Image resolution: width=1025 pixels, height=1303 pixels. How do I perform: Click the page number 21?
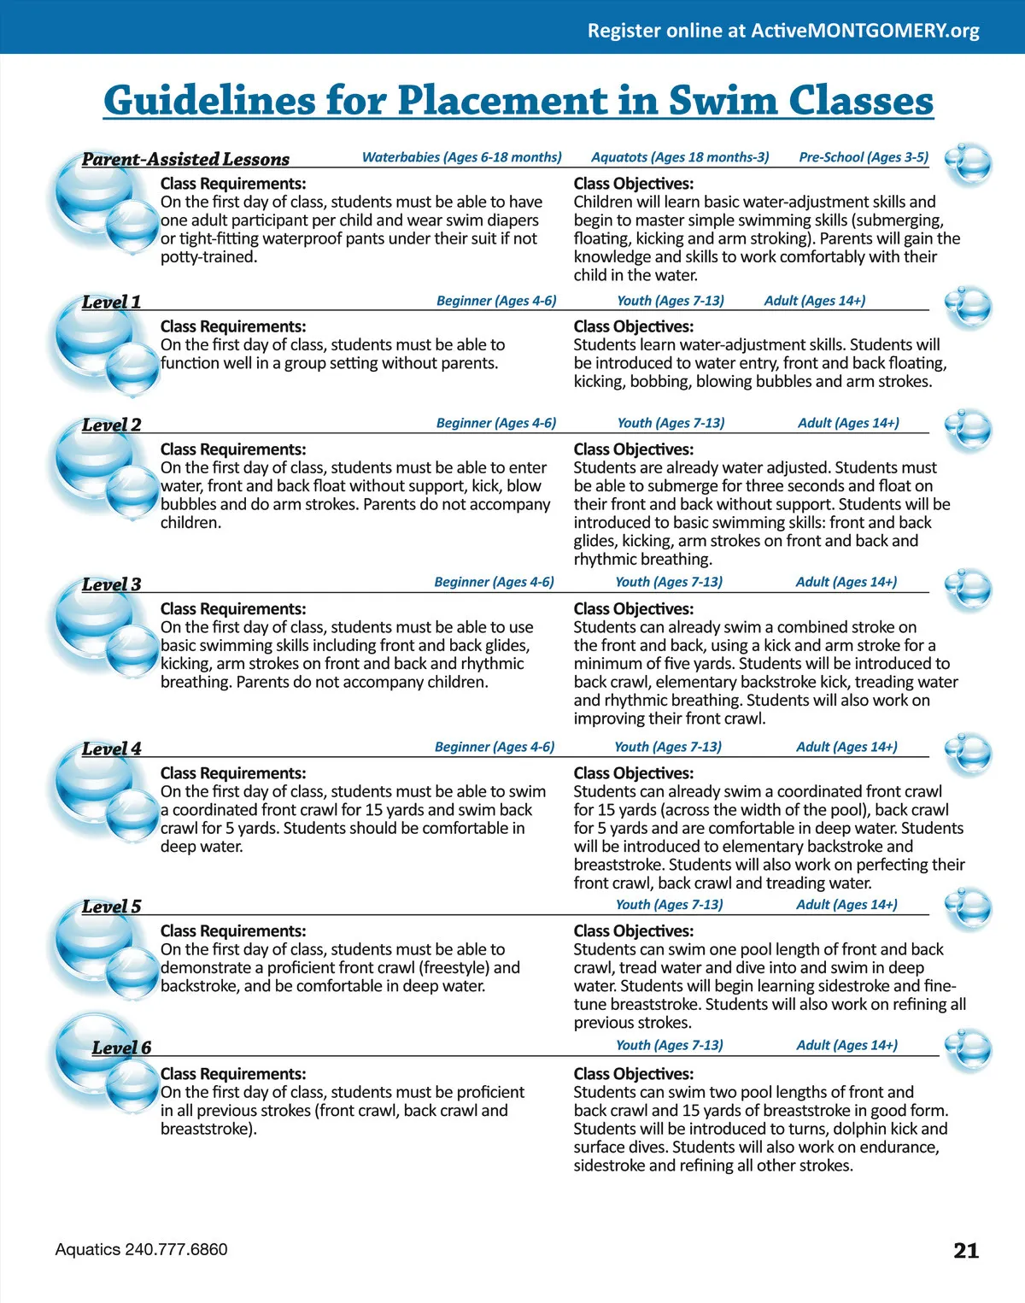tap(965, 1250)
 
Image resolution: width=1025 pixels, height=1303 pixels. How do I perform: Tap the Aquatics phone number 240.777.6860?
tap(176, 1249)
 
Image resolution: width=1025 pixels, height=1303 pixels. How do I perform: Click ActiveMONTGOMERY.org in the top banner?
tap(864, 31)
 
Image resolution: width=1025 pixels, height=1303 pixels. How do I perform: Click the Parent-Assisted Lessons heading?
tap(185, 159)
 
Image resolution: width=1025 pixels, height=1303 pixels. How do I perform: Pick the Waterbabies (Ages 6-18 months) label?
tap(461, 157)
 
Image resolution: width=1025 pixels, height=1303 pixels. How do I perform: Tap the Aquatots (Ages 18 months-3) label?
tap(680, 157)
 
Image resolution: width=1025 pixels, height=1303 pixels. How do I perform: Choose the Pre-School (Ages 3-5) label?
tap(863, 157)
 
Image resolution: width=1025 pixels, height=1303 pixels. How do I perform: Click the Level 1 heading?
tap(111, 302)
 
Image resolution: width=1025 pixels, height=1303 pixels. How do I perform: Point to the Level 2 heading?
tap(111, 425)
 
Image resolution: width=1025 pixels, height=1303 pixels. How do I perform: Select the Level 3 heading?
tap(111, 584)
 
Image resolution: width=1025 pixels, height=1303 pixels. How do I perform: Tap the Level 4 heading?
tap(111, 748)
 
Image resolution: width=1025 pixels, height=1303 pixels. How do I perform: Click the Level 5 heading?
tap(111, 907)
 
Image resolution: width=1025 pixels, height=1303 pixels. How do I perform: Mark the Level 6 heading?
tap(121, 1048)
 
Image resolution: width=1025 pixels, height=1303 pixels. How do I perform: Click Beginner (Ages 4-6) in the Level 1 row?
tap(496, 301)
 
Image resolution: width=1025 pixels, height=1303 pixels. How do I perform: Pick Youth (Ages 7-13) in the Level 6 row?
tap(669, 1045)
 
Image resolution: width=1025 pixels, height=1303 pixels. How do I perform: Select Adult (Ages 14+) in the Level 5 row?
tap(846, 904)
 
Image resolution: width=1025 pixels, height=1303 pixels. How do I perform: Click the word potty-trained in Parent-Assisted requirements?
tap(208, 256)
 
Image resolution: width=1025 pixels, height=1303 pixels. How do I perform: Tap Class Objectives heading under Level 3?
tap(633, 609)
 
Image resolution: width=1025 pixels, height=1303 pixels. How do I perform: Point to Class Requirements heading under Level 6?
tap(232, 1074)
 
